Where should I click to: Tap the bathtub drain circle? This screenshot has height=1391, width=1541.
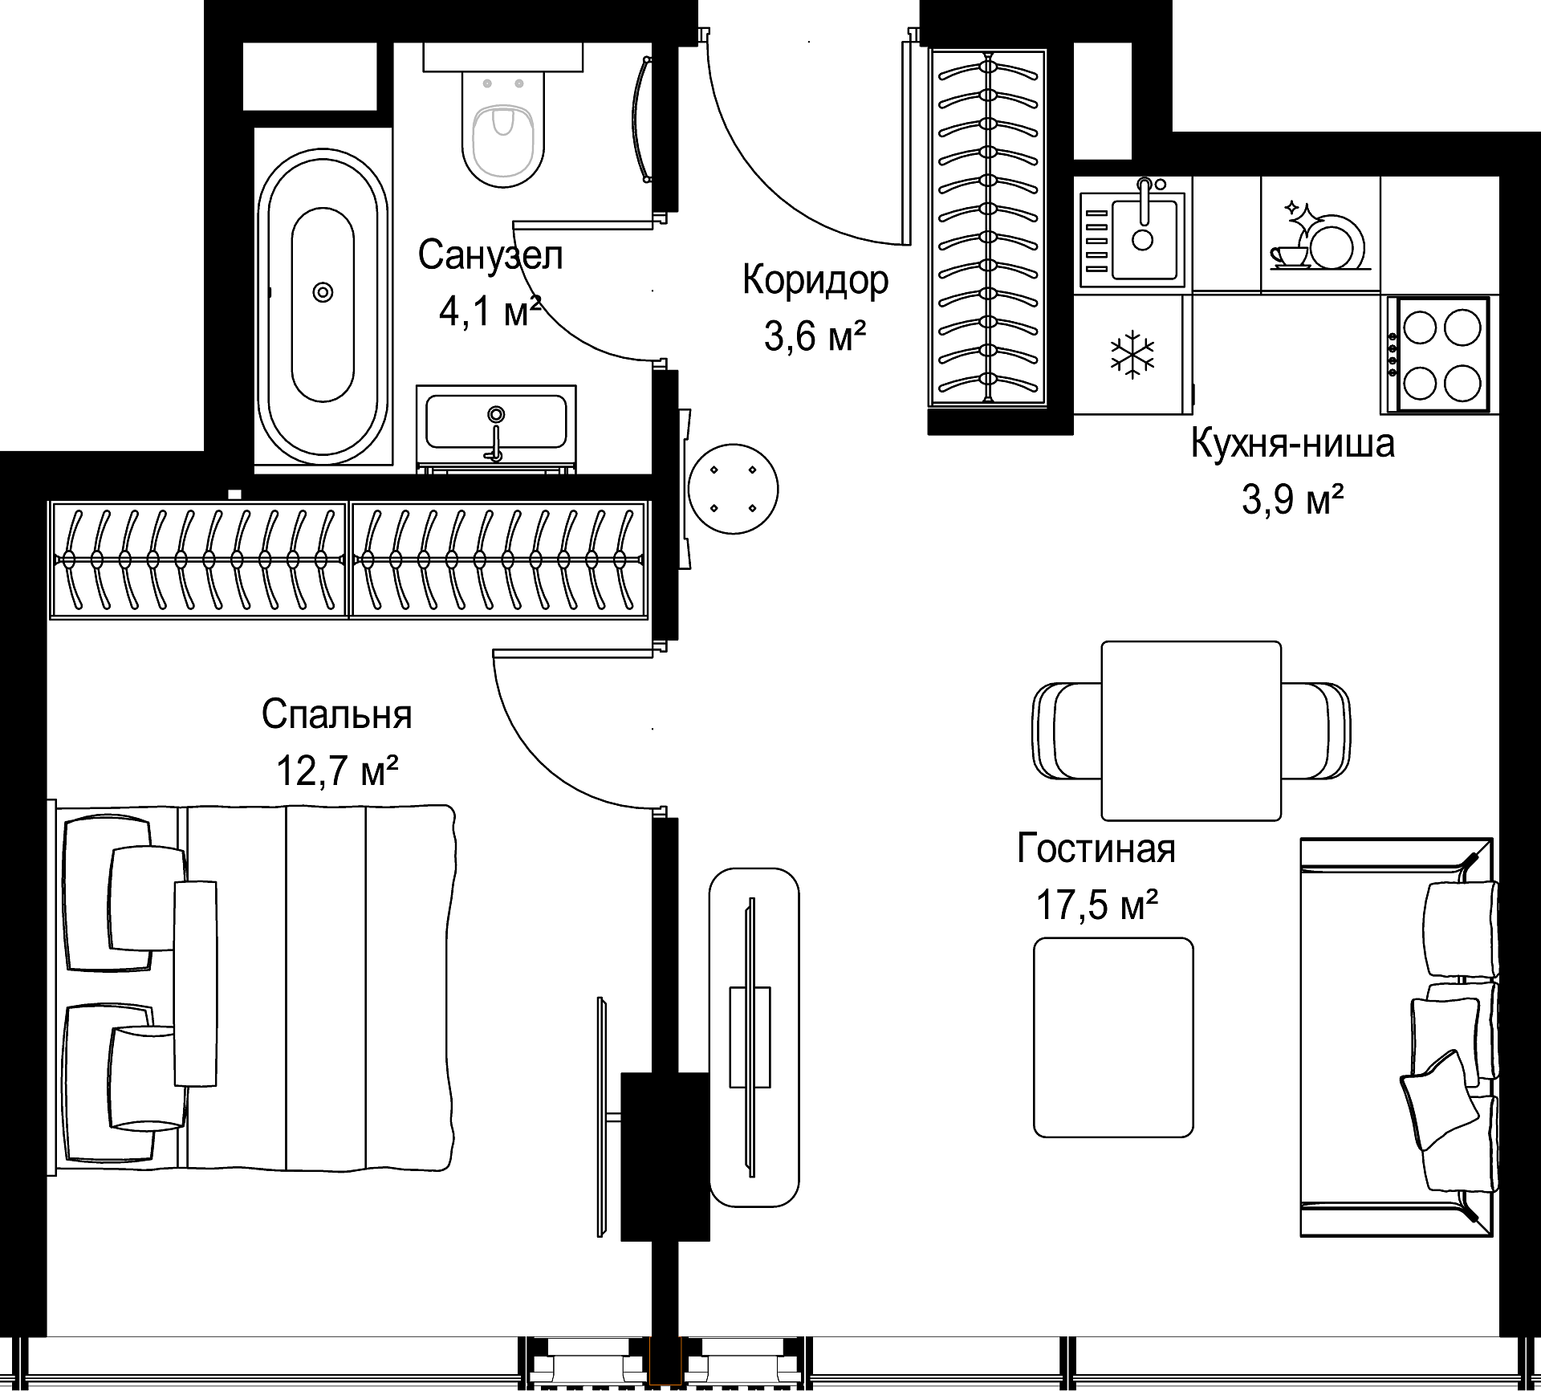coord(323,292)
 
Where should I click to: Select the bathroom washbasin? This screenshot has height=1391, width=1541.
coord(496,427)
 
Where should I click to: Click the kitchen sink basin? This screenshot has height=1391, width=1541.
coord(1144,226)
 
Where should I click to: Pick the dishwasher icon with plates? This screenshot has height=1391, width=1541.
coord(1316,234)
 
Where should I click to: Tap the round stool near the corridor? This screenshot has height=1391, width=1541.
coord(733,489)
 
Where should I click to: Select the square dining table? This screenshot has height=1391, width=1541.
coord(1191,730)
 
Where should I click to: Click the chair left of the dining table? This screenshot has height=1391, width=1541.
coord(1067,730)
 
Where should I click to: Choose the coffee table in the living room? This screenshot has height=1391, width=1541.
coord(1113,1037)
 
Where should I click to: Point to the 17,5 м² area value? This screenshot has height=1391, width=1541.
coord(1096,905)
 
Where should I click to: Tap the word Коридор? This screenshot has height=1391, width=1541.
coord(815,280)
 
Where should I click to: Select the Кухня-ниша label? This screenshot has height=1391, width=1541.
coord(1292,443)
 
